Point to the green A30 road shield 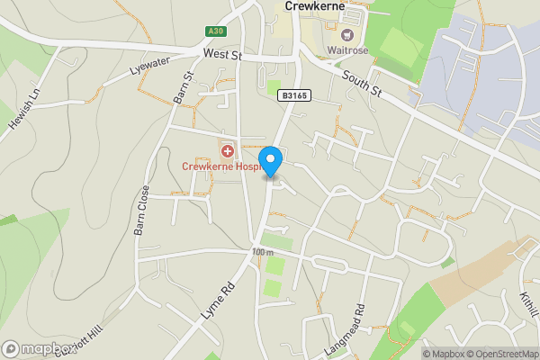pos(214,31)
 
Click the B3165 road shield pos(294,94)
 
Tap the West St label pos(223,55)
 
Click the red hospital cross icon pos(227,149)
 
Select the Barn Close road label pos(142,211)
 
